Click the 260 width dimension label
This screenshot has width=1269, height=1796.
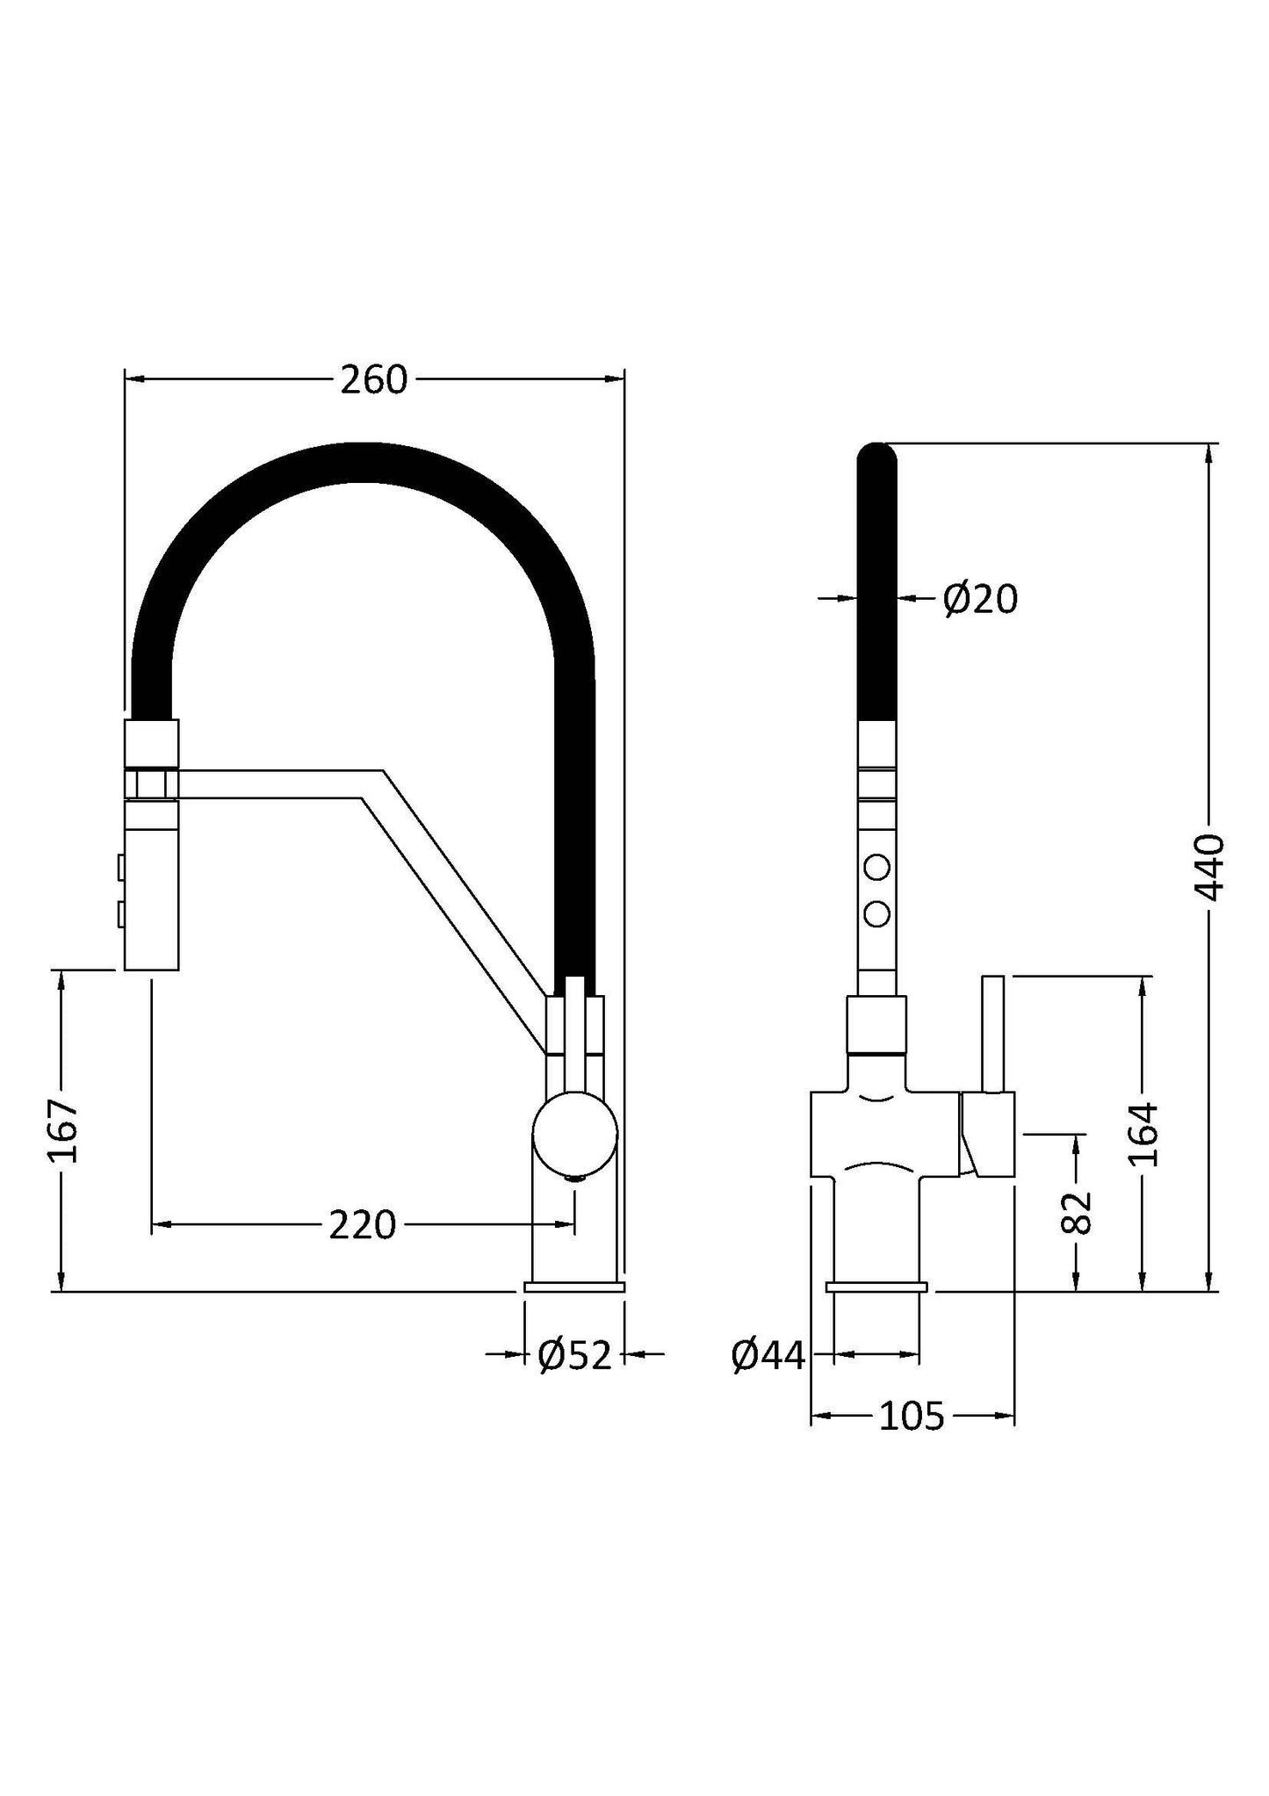click(374, 380)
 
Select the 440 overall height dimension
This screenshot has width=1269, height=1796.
click(1211, 868)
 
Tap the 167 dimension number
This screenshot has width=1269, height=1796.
click(63, 1130)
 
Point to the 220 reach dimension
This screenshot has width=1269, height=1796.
click(363, 1224)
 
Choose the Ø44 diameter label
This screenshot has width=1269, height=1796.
click(768, 1356)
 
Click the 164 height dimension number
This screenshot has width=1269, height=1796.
click(1143, 1134)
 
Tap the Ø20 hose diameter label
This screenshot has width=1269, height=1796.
click(980, 600)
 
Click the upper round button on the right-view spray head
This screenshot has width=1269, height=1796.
click(876, 868)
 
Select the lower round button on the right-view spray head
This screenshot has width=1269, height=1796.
click(876, 914)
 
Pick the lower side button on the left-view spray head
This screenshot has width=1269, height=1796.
click(120, 915)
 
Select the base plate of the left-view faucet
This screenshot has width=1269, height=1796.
click(574, 1287)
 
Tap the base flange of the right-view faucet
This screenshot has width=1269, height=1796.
click(876, 1287)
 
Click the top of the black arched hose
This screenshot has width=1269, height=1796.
click(369, 463)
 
